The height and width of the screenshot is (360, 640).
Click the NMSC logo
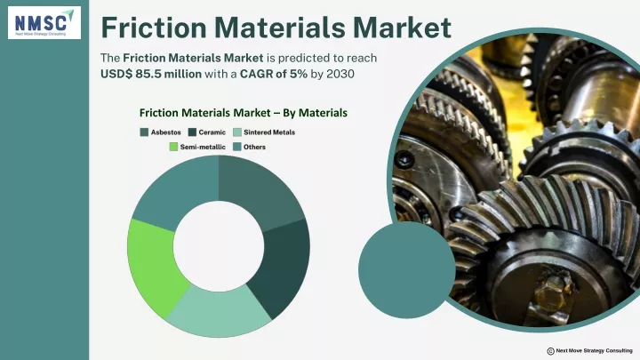44,22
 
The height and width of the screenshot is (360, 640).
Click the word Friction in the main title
154,28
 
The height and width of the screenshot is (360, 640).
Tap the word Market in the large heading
402,28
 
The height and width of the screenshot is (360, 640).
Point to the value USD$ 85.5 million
151,74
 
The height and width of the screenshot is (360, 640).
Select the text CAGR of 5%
274,74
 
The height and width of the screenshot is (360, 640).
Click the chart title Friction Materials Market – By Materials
244,113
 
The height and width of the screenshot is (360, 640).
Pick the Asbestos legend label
165,132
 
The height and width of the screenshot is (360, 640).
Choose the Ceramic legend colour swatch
192,132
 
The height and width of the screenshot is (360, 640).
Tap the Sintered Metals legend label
269,132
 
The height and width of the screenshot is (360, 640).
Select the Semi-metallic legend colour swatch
173,147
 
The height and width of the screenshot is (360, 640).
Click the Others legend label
255,147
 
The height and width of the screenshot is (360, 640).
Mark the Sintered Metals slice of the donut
219,312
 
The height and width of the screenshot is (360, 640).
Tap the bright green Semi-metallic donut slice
152,265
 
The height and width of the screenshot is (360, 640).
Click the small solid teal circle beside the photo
406,270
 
